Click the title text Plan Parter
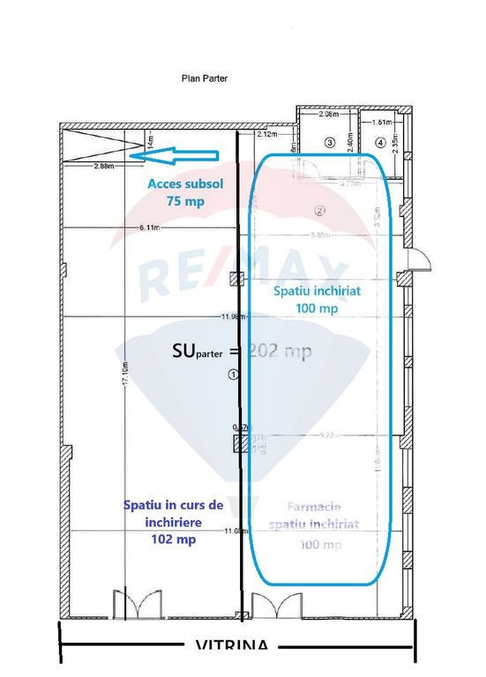click(x=205, y=78)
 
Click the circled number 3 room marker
click(x=330, y=142)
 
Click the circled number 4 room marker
click(x=380, y=142)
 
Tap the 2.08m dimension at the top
click(x=327, y=115)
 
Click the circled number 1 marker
click(x=233, y=374)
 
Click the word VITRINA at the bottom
click(x=230, y=647)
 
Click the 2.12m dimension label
click(x=267, y=135)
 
